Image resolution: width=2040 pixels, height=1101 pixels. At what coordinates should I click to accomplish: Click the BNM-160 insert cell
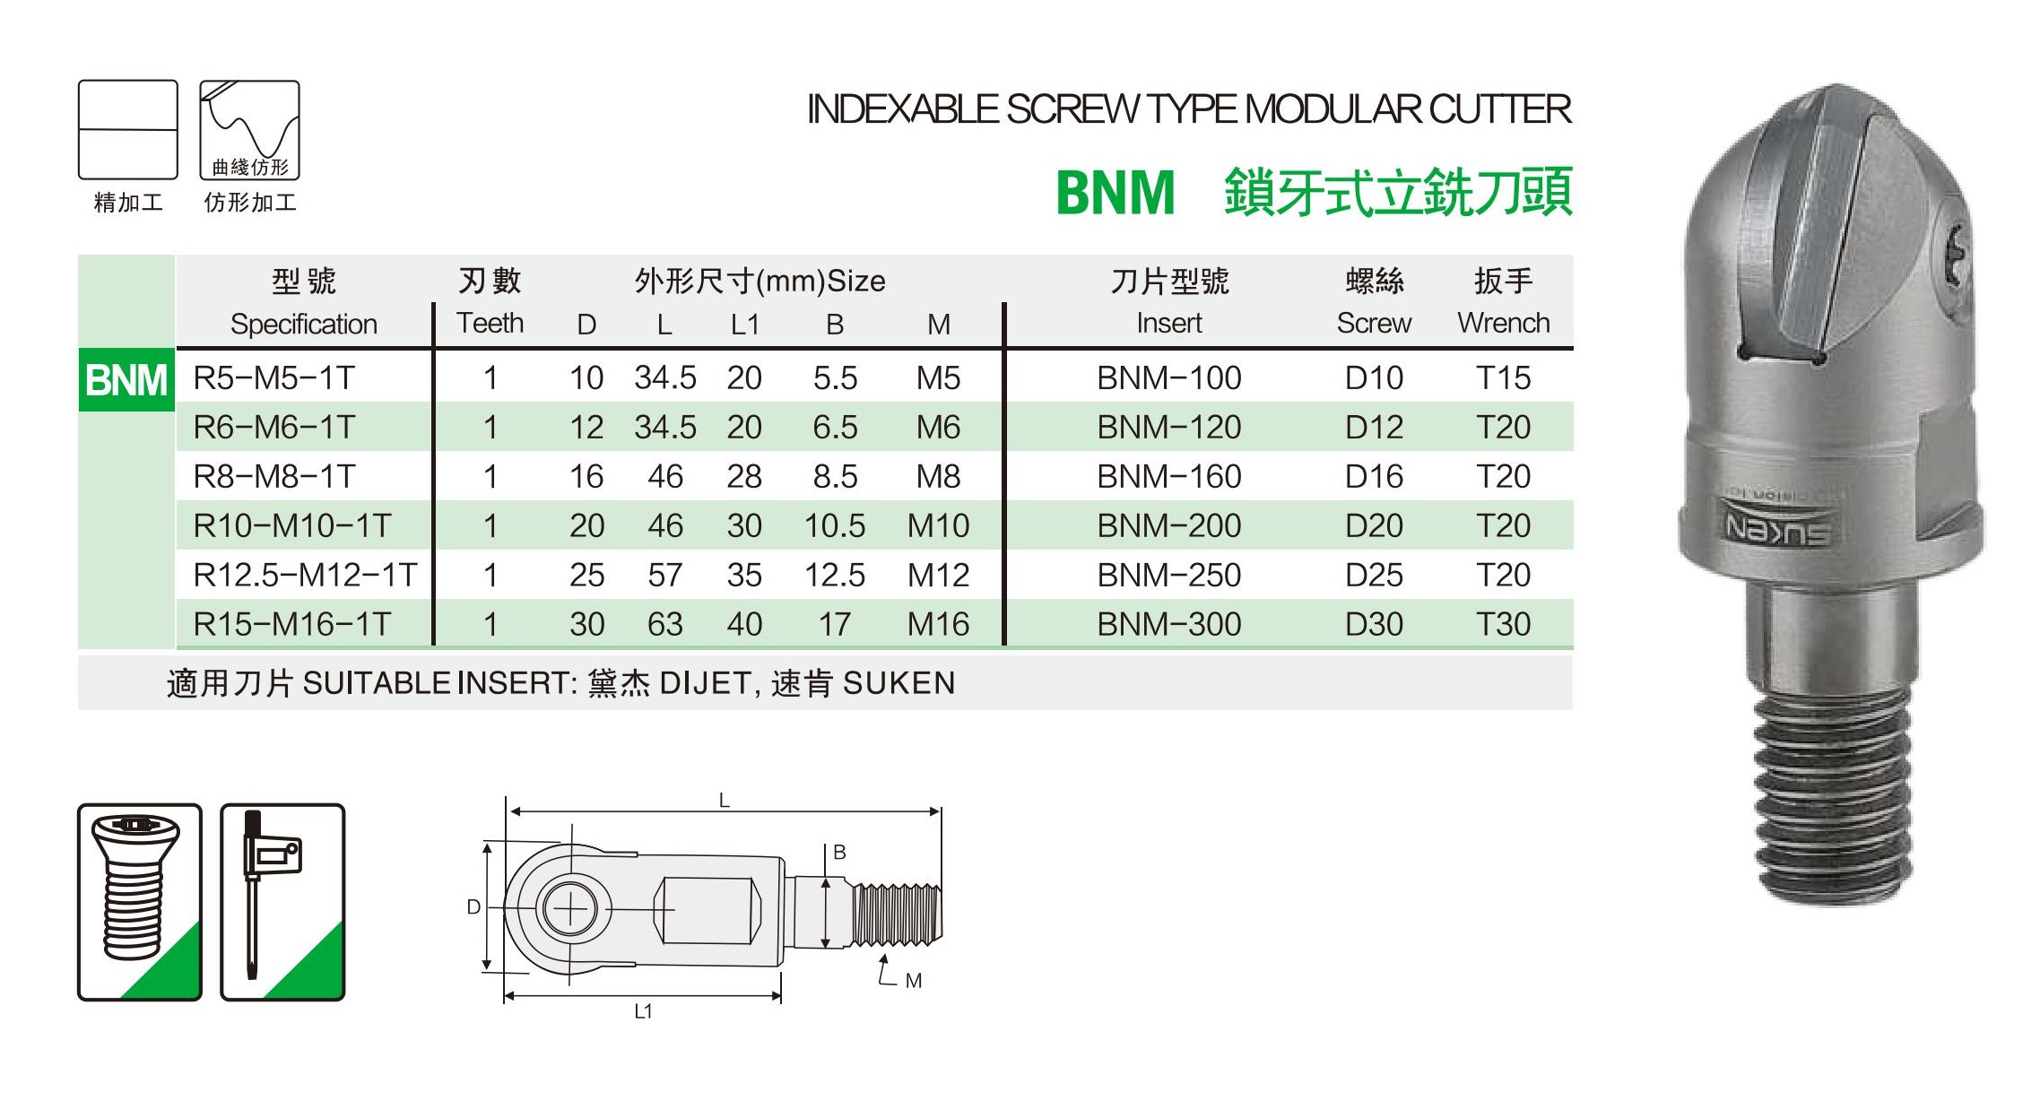(1168, 476)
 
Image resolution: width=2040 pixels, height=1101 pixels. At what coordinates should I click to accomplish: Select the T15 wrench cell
(1503, 377)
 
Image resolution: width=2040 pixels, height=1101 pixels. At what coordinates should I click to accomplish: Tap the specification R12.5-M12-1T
(305, 575)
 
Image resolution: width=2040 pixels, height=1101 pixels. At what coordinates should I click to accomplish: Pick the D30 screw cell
(1374, 624)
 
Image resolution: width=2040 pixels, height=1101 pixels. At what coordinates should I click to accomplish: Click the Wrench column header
(1503, 323)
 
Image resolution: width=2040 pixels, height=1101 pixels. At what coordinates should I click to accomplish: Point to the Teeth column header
(490, 323)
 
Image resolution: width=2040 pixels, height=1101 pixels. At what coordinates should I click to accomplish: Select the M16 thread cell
(938, 624)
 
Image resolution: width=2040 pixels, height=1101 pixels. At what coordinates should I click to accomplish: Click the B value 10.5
(834, 525)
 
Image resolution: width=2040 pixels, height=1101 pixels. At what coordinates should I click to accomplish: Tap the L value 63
(664, 624)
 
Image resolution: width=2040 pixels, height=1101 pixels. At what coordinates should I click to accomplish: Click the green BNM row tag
(126, 380)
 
